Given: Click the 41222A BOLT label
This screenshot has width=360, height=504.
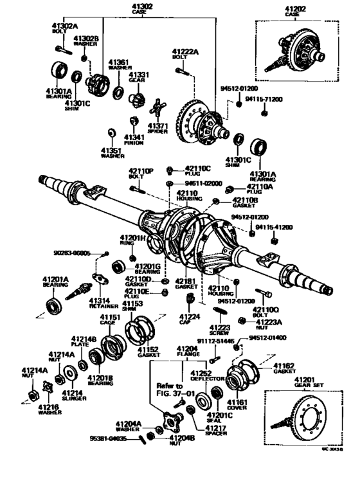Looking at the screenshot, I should [185, 54].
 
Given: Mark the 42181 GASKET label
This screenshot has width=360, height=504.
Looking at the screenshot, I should [186, 284].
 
